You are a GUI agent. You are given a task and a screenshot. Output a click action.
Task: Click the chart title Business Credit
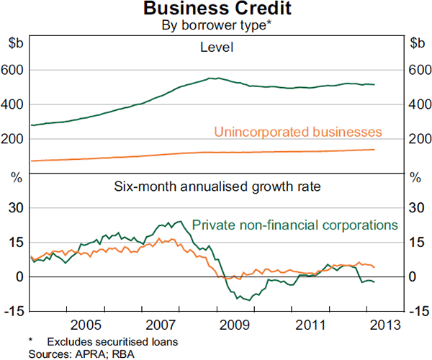point(215,9)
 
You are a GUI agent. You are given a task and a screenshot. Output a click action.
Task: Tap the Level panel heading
point(216,48)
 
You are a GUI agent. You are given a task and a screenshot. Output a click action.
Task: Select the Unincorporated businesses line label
point(297,132)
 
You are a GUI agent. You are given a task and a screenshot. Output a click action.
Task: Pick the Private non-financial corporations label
point(295,224)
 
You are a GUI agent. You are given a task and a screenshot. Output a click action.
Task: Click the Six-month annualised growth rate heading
point(217,186)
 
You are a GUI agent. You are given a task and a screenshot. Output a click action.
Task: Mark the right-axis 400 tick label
point(418,104)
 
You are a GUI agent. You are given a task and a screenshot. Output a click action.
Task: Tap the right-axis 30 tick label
point(415,208)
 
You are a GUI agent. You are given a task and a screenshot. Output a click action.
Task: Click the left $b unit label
point(14,42)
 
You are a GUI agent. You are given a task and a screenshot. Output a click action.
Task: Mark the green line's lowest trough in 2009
point(248,300)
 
